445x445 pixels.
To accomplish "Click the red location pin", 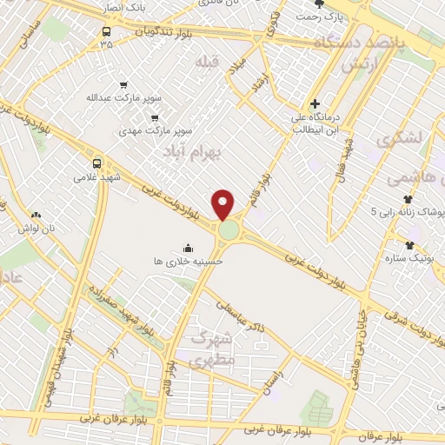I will point(224,203).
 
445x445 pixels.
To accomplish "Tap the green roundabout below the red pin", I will point(229,230).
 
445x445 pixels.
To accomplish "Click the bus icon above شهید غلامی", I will point(96,162).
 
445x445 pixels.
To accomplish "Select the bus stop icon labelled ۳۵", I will point(106,29).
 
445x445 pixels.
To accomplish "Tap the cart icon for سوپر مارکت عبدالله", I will point(123,85).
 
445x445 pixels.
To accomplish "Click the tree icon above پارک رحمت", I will point(329,4).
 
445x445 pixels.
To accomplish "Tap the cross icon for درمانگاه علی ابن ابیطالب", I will point(315,104).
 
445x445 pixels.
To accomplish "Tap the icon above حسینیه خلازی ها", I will point(188,248).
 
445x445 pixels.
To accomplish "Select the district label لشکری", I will point(401,137).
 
